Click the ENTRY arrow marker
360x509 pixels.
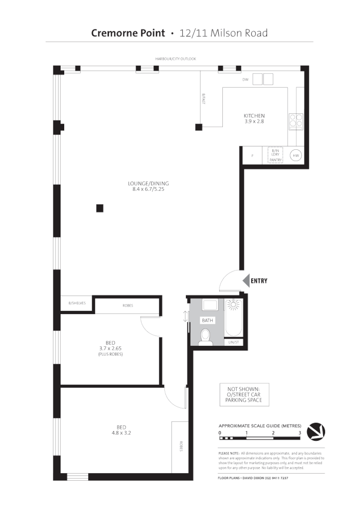tap(245, 281)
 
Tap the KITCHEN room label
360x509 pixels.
tap(254, 116)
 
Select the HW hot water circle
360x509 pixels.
tap(296, 155)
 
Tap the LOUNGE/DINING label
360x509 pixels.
tap(148, 183)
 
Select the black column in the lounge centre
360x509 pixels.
tap(100, 208)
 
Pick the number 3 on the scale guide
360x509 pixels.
tap(299, 433)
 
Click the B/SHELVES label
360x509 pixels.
tap(77, 303)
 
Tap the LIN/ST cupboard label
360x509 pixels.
tap(233, 342)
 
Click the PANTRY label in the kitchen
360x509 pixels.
tap(276, 160)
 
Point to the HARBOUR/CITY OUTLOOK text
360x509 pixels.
tap(176, 59)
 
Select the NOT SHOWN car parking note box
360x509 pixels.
tap(244, 395)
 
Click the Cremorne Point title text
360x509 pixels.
tap(128, 33)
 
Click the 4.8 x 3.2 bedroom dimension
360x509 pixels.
tap(122, 433)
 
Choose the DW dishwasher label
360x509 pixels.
tap(245, 80)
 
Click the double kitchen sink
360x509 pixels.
tap(262, 79)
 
